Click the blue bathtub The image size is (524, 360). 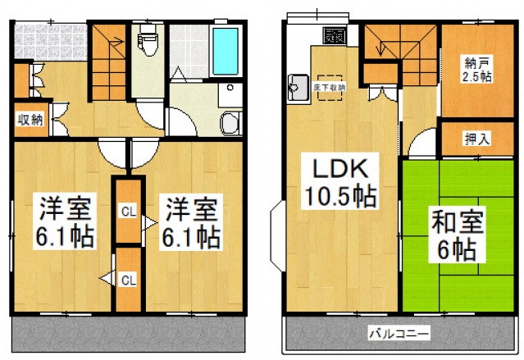224,51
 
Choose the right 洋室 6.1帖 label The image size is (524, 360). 189,222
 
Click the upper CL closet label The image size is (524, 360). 128,211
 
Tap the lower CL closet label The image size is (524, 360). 128,280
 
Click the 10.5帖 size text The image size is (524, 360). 341,197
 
